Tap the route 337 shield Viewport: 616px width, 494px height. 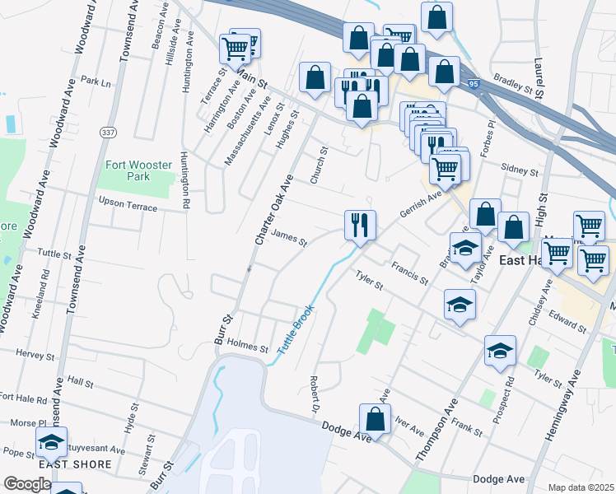(108, 133)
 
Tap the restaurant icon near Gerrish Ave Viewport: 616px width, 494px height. (360, 226)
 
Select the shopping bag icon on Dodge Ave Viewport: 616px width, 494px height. (376, 420)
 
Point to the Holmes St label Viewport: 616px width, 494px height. (248, 347)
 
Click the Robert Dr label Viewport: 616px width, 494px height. (314, 394)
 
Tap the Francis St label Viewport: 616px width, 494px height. (409, 273)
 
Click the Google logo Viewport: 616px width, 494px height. (26, 484)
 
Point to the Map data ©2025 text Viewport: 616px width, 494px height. (580, 487)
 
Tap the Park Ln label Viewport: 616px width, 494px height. (96, 82)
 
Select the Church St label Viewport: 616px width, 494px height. (318, 165)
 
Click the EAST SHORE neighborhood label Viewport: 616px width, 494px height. (63, 464)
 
